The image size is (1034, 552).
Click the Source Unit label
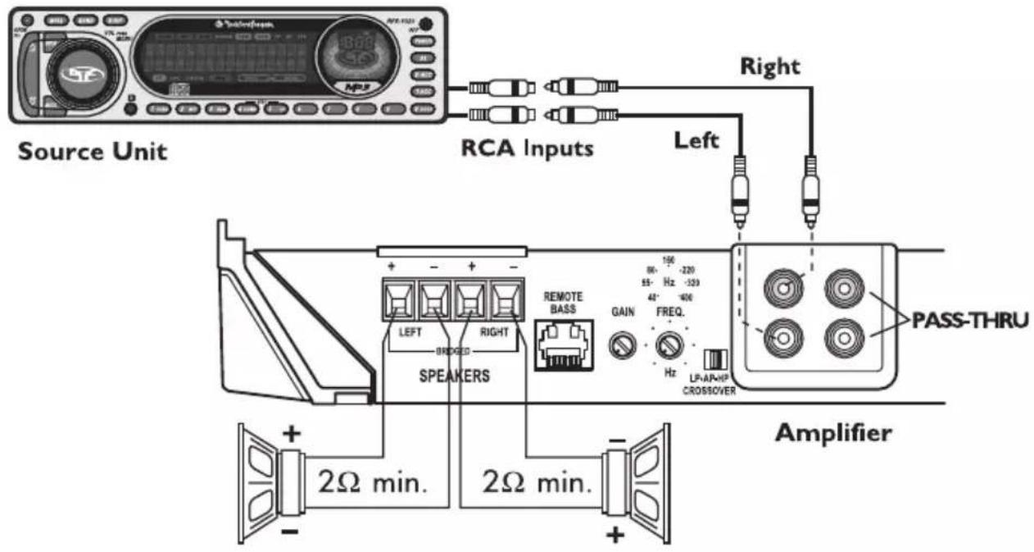(93, 152)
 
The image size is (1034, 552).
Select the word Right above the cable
(770, 68)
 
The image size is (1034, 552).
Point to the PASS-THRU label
(967, 320)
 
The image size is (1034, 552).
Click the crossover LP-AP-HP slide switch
(716, 358)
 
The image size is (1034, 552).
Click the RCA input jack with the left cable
(781, 335)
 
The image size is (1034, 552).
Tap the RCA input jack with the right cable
(781, 287)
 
